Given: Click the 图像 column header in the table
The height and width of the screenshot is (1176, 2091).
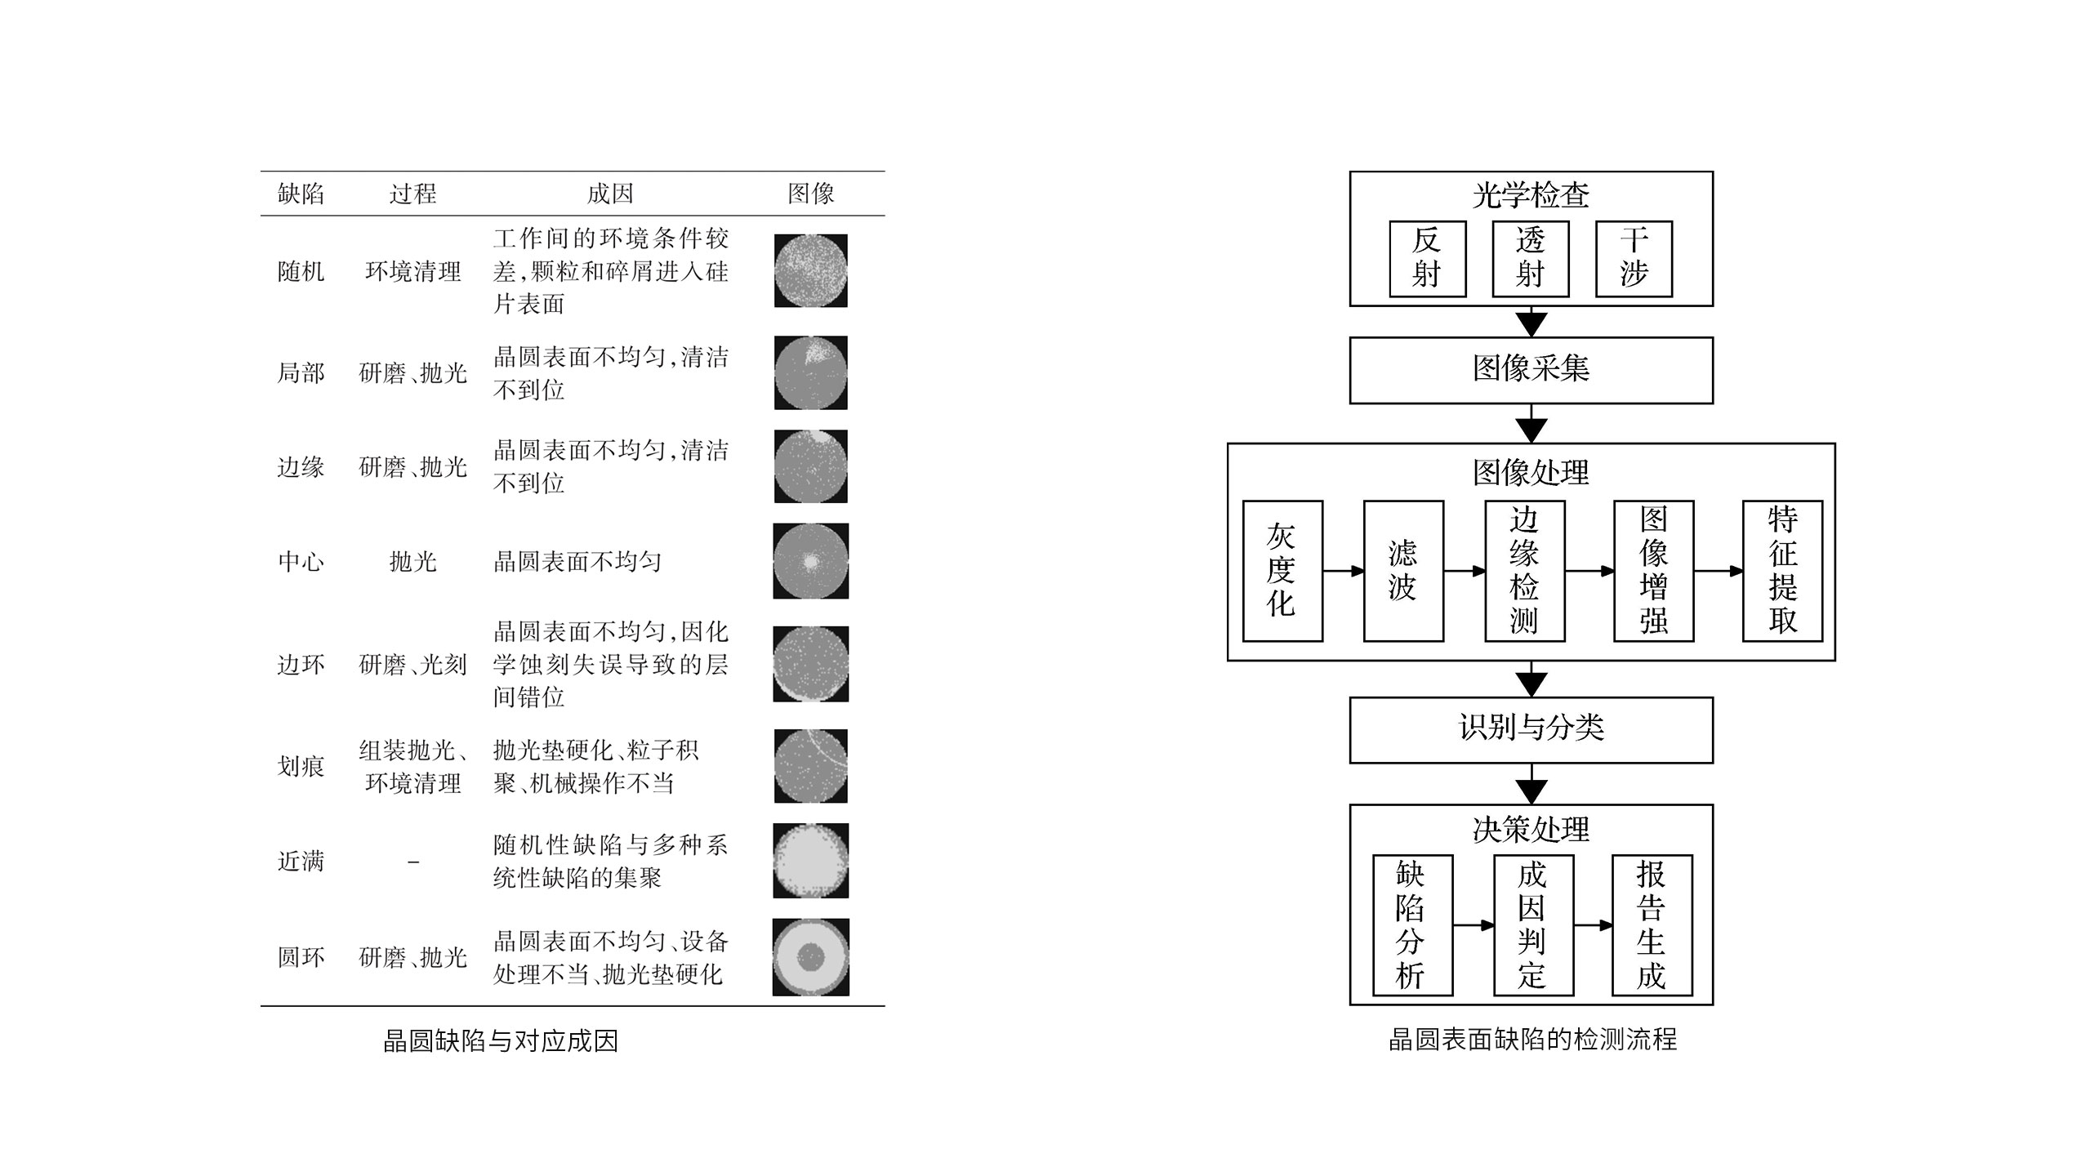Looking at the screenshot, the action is pyautogui.click(x=810, y=194).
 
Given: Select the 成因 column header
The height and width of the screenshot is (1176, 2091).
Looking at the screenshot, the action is pyautogui.click(x=610, y=194).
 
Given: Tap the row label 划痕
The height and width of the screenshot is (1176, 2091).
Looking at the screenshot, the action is pyautogui.click(x=301, y=766).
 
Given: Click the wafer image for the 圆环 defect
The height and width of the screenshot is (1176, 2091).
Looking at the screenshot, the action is pyautogui.click(x=811, y=957).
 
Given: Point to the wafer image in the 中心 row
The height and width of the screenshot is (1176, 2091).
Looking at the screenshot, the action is pyautogui.click(x=811, y=561).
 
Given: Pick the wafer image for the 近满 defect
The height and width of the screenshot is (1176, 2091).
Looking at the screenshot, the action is pyautogui.click(x=811, y=861).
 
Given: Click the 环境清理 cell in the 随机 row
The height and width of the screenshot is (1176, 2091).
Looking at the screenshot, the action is pyautogui.click(x=413, y=271).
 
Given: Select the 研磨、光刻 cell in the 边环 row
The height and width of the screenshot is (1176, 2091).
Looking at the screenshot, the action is pyautogui.click(x=413, y=664).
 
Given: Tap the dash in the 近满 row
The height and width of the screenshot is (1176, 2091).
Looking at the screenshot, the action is pyautogui.click(x=413, y=862).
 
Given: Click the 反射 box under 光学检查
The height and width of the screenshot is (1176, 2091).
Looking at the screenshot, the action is pyautogui.click(x=1428, y=259).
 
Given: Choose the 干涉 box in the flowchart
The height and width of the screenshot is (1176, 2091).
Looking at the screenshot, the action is pyautogui.click(x=1634, y=259).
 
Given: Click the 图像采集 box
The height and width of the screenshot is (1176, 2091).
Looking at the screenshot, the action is pyautogui.click(x=1531, y=370).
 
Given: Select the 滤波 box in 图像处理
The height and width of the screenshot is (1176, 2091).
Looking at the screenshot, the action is pyautogui.click(x=1403, y=571).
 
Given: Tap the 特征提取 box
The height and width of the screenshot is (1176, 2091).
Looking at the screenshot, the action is pyautogui.click(x=1782, y=571).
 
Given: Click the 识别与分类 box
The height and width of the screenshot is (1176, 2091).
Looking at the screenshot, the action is pyautogui.click(x=1531, y=730).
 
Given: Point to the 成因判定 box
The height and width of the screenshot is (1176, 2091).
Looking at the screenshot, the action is pyautogui.click(x=1533, y=925).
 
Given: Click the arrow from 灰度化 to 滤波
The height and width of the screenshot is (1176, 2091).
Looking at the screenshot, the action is pyautogui.click(x=1344, y=571).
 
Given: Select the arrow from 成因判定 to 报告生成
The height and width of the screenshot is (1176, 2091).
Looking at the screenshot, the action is pyautogui.click(x=1594, y=925).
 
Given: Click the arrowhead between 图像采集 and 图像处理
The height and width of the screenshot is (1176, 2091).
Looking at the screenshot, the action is pyautogui.click(x=1531, y=430).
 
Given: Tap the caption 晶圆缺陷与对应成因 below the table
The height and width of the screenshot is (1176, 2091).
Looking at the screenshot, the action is pyautogui.click(x=501, y=1040).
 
